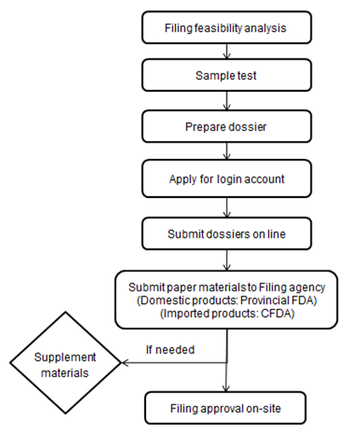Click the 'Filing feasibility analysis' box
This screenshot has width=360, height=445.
tap(227, 27)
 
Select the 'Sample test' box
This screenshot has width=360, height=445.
tap(227, 75)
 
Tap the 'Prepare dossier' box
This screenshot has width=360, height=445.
tap(227, 127)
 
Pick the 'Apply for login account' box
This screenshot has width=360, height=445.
tap(227, 178)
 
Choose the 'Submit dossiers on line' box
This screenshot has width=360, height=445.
tap(227, 234)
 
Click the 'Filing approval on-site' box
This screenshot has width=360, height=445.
tap(225, 408)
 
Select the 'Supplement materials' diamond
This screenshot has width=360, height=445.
tap(65, 363)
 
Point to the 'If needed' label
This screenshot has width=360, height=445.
tap(170, 350)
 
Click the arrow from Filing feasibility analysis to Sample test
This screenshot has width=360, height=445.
tap(227, 51)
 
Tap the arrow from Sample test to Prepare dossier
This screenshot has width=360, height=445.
tap(227, 100)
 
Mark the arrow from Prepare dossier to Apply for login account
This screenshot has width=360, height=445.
tap(227, 151)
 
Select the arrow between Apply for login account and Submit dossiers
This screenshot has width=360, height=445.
tap(227, 207)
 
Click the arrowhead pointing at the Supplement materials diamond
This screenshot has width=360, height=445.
tap(125, 363)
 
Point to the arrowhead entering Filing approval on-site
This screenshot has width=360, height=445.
tap(226, 388)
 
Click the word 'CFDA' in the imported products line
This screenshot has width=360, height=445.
tap(276, 313)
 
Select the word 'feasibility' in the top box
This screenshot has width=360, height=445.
tap(218, 28)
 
